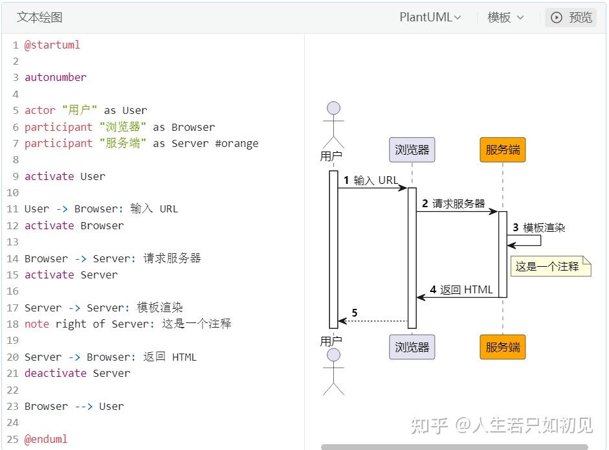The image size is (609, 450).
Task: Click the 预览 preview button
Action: click(571, 17)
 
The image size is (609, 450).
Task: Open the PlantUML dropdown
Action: click(430, 17)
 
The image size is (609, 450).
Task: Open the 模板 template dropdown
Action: click(505, 17)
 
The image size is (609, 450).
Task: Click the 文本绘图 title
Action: click(39, 17)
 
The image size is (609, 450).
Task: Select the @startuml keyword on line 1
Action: click(52, 45)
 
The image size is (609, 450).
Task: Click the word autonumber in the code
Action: click(56, 77)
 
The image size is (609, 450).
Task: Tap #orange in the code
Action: click(237, 143)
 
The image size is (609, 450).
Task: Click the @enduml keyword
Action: click(46, 439)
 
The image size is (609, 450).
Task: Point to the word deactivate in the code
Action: click(56, 373)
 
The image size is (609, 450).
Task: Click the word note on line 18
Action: click(37, 324)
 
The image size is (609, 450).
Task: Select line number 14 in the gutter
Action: click(12, 258)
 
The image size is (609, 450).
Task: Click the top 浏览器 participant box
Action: click(412, 150)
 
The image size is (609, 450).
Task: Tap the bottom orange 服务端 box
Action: click(503, 347)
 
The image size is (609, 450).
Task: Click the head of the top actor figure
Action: click(334, 108)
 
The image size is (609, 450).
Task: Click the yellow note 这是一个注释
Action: click(551, 266)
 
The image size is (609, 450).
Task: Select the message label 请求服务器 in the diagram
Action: click(459, 203)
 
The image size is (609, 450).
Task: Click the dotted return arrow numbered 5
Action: click(373, 321)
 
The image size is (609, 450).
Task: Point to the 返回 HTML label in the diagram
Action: click(467, 289)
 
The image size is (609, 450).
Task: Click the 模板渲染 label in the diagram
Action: click(544, 228)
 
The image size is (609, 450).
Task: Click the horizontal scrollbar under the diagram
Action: click(454, 447)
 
